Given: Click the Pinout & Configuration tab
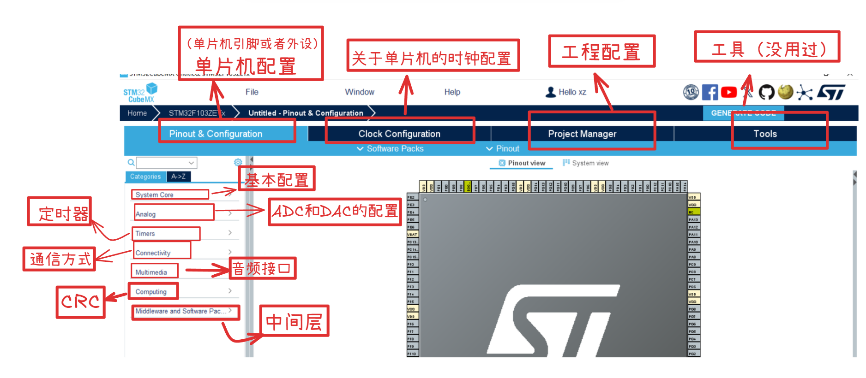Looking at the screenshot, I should (x=216, y=134).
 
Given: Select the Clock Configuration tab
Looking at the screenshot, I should (x=399, y=134).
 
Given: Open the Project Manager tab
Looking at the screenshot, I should (x=582, y=134).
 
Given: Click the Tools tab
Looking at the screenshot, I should (x=765, y=134).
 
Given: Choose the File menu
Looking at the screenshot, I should (x=252, y=92).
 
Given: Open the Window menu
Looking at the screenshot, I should (x=360, y=92).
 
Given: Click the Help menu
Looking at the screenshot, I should (x=452, y=92).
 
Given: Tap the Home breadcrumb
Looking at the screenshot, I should (x=137, y=113).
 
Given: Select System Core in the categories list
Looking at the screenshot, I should (x=155, y=195).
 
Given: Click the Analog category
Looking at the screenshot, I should (x=146, y=214).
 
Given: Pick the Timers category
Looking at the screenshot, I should (x=145, y=234).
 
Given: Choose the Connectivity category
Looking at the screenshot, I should (x=153, y=253).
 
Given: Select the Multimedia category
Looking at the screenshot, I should (x=151, y=272).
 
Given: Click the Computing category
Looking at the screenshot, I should (x=151, y=292).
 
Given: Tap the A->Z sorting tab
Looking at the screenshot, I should (x=178, y=177).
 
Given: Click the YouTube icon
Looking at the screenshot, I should (x=728, y=92).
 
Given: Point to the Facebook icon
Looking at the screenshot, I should (x=710, y=92).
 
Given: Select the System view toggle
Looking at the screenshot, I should (x=586, y=163).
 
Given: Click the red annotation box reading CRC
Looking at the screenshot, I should (x=81, y=302).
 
